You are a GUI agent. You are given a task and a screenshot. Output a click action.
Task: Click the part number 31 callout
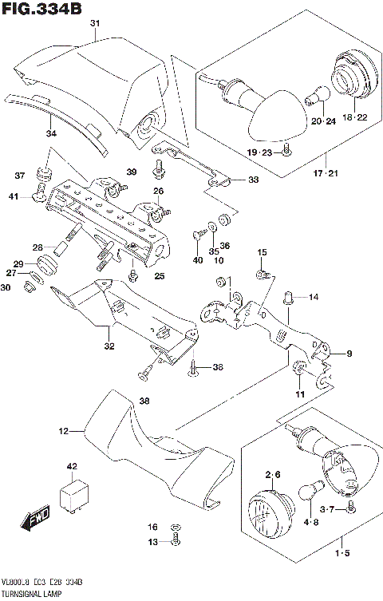(95, 24)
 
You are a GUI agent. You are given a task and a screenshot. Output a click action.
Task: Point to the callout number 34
(51, 134)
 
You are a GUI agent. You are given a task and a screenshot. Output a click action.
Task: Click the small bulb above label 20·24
(316, 94)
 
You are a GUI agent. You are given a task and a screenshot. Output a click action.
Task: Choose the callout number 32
(109, 346)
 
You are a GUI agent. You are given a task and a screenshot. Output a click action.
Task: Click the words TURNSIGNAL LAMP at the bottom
(33, 595)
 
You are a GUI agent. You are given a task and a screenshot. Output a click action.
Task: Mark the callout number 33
(253, 180)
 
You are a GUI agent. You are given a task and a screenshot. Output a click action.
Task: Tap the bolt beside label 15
(262, 275)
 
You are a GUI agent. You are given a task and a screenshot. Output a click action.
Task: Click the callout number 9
(348, 353)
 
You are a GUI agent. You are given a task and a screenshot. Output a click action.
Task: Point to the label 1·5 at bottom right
(343, 552)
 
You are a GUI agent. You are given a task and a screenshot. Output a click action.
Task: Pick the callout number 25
(160, 276)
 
